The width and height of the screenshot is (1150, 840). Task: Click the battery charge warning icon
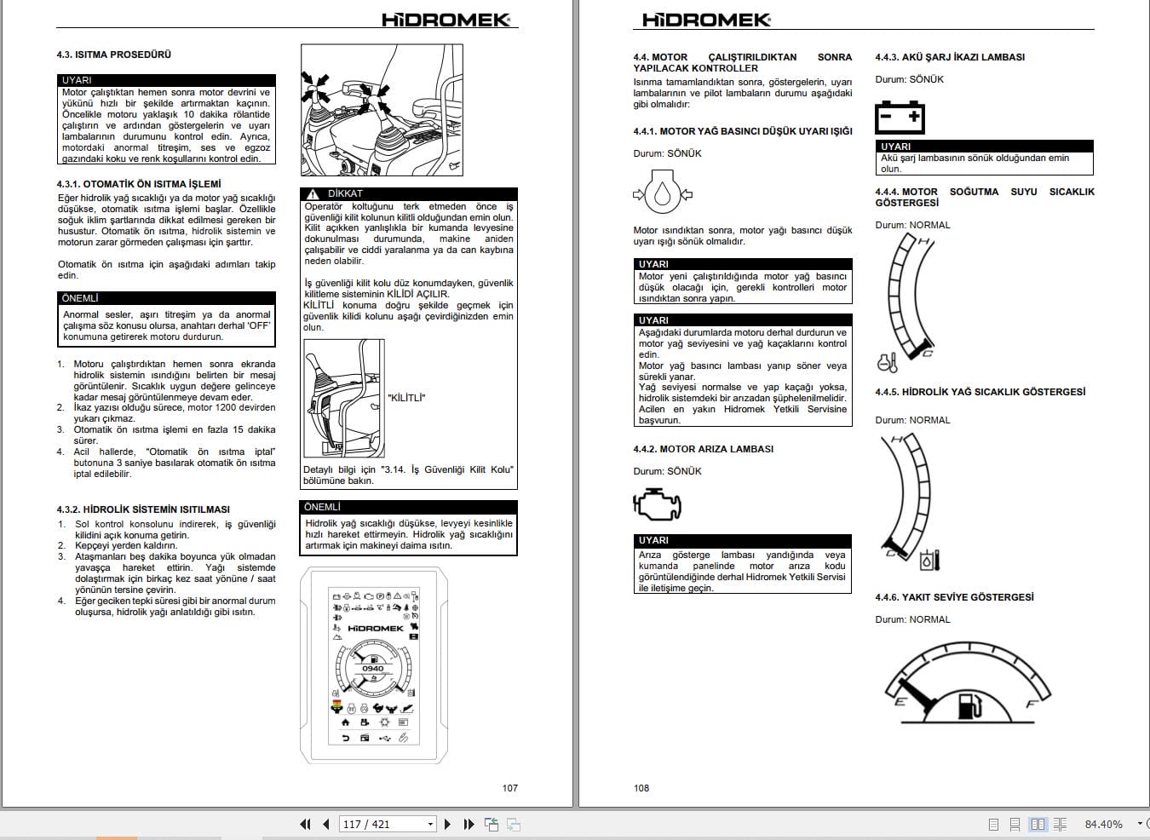(900, 117)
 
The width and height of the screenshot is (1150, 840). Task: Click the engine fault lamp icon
(657, 504)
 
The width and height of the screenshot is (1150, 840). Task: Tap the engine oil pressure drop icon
(663, 192)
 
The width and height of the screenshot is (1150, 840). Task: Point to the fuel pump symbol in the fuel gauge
(969, 706)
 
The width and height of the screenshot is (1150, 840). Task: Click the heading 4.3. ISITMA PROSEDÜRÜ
(114, 55)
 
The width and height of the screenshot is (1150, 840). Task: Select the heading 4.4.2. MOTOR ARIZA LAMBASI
(703, 449)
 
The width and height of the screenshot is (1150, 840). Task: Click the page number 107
(509, 788)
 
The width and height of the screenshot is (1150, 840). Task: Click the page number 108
(641, 788)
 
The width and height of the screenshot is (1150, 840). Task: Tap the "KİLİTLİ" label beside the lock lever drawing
(406, 398)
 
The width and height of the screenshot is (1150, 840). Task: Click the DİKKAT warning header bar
(409, 193)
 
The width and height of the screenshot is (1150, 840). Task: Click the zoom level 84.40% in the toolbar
(1103, 824)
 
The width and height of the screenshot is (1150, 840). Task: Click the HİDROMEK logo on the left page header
(446, 20)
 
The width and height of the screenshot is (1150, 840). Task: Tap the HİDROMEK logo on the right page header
(706, 20)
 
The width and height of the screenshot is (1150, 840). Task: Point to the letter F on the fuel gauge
(1031, 704)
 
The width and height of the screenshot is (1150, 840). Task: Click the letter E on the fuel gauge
(900, 701)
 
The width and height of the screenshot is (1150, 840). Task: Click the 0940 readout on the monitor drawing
(372, 668)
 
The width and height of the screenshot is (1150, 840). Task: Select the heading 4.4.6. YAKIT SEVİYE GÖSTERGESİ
(954, 597)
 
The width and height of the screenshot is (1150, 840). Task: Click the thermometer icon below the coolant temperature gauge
(887, 363)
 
